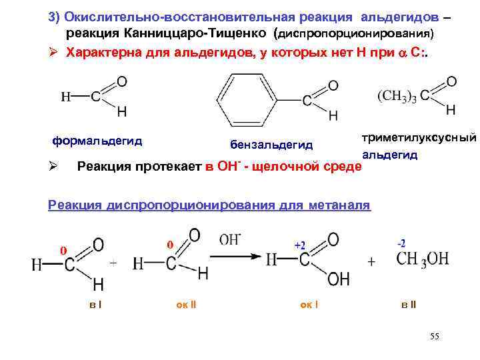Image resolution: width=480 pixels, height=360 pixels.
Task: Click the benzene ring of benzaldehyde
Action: pyautogui.click(x=253, y=97)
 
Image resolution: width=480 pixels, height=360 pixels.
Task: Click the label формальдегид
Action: pyautogui.click(x=97, y=141)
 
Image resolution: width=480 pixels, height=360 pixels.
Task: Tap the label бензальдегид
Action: pyautogui.click(x=271, y=145)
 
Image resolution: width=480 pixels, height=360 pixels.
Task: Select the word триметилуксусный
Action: pyautogui.click(x=419, y=137)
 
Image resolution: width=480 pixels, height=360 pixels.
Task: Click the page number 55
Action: pyautogui.click(x=434, y=337)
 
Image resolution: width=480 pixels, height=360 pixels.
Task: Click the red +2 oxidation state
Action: pyautogui.click(x=300, y=245)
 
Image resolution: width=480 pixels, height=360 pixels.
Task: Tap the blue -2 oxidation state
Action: pyautogui.click(x=401, y=243)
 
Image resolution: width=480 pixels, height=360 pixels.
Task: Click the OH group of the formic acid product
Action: pyautogui.click(x=338, y=279)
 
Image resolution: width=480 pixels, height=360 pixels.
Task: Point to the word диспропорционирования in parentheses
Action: pyautogui.click(x=355, y=33)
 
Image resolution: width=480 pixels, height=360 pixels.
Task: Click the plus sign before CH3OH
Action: pyautogui.click(x=371, y=262)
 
